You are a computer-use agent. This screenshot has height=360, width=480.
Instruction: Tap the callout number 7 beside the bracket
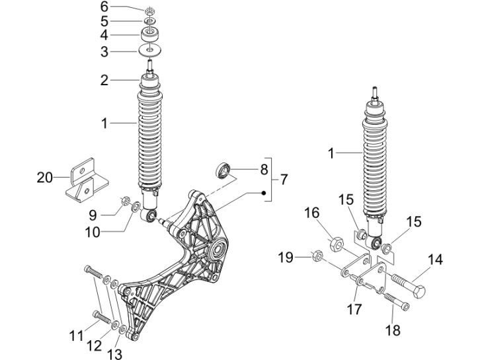[283, 179]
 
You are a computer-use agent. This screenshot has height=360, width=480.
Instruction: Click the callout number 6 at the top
[104, 7]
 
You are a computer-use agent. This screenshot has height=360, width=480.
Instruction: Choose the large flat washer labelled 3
[151, 50]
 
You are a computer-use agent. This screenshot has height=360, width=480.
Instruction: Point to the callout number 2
[104, 81]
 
